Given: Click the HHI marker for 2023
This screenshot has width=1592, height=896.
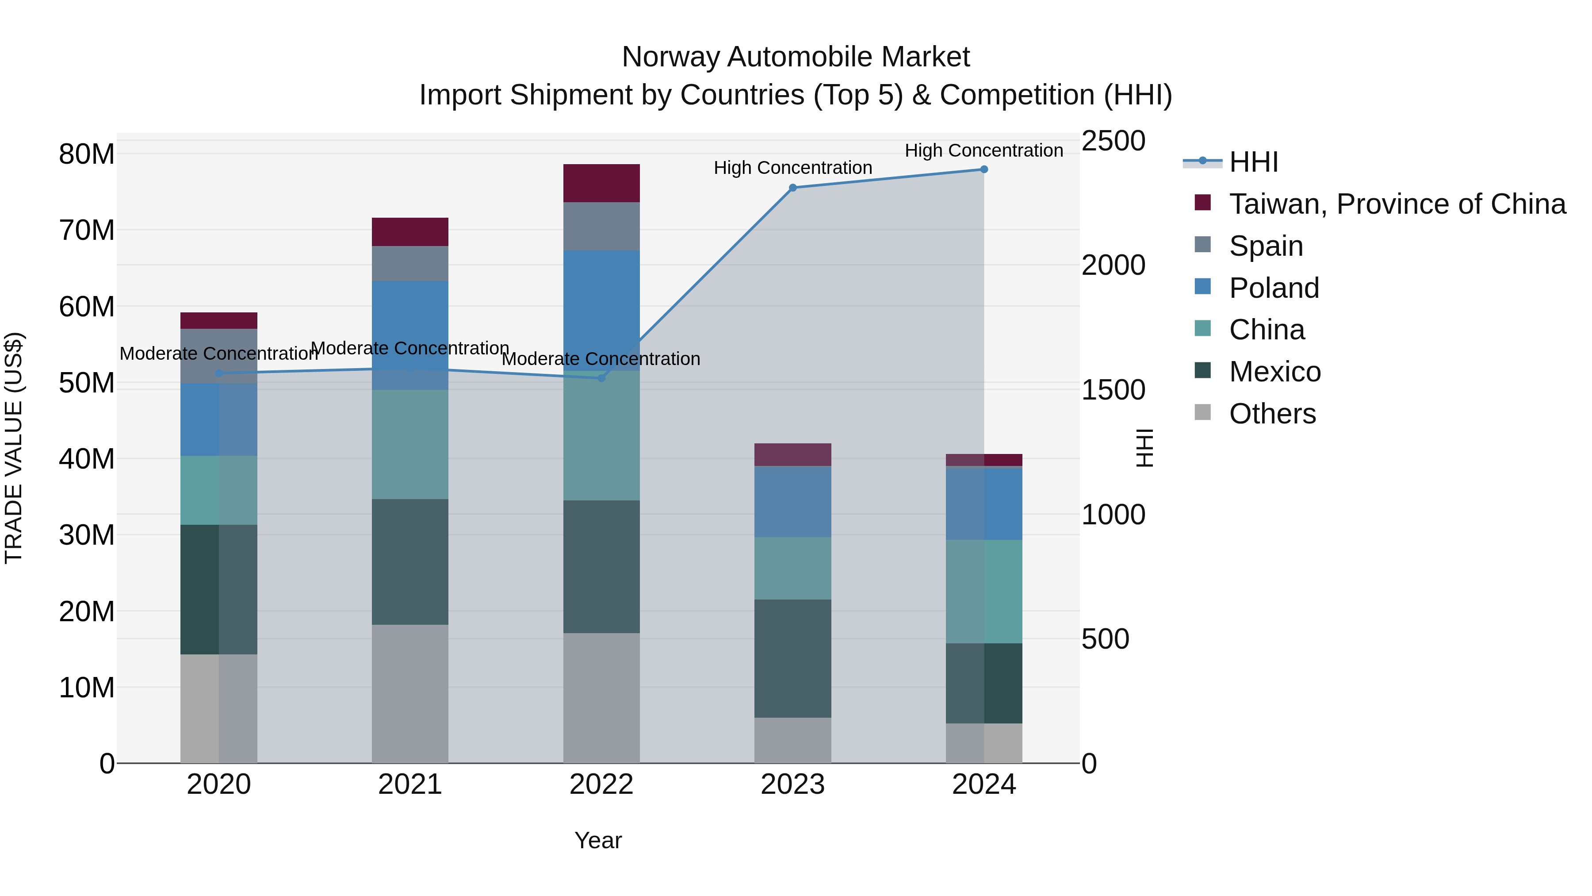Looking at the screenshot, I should pos(793,187).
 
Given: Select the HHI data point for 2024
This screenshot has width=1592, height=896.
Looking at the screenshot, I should pos(984,169).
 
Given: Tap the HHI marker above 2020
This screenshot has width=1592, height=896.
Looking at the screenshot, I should pos(219,373).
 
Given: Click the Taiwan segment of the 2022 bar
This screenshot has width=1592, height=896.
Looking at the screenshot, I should pos(601,183).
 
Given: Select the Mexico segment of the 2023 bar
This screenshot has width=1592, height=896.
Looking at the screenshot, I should pos(793,658).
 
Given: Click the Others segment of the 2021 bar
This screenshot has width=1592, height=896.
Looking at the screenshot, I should pos(410,693).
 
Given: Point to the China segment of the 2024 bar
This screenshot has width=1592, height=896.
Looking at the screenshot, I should pos(984,591).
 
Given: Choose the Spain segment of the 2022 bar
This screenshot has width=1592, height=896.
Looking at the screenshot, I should pos(601,226).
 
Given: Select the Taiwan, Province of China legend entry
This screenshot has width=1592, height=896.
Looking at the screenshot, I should pos(1397,204).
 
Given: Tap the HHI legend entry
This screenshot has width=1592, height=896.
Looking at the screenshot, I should pos(1253,162).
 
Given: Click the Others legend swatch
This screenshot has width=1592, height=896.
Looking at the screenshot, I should pos(1203,412).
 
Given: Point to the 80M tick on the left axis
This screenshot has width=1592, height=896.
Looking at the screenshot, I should pos(87,154).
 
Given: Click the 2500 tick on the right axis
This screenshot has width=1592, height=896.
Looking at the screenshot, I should pos(1113,141).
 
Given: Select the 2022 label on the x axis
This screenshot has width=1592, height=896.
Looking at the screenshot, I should pos(601,784).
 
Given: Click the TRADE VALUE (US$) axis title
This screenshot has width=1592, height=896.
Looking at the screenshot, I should pos(14,448).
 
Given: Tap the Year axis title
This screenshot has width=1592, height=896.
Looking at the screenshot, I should pos(597,840).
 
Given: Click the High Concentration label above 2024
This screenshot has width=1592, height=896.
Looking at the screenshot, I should pos(984,150).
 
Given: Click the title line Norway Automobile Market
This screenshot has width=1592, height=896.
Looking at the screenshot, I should pos(796,57).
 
